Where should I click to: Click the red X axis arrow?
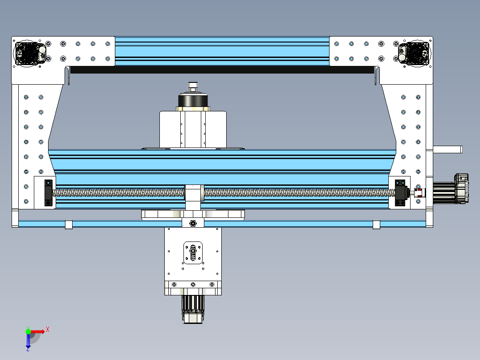[x=40, y=331]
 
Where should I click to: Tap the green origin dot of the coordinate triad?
[x=28, y=331]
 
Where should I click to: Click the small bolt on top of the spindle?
[x=193, y=84]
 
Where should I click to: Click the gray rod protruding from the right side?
[x=448, y=149]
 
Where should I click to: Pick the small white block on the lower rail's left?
[x=69, y=225]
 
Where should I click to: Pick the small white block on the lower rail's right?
[x=376, y=225]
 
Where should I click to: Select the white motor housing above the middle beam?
[x=193, y=129]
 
